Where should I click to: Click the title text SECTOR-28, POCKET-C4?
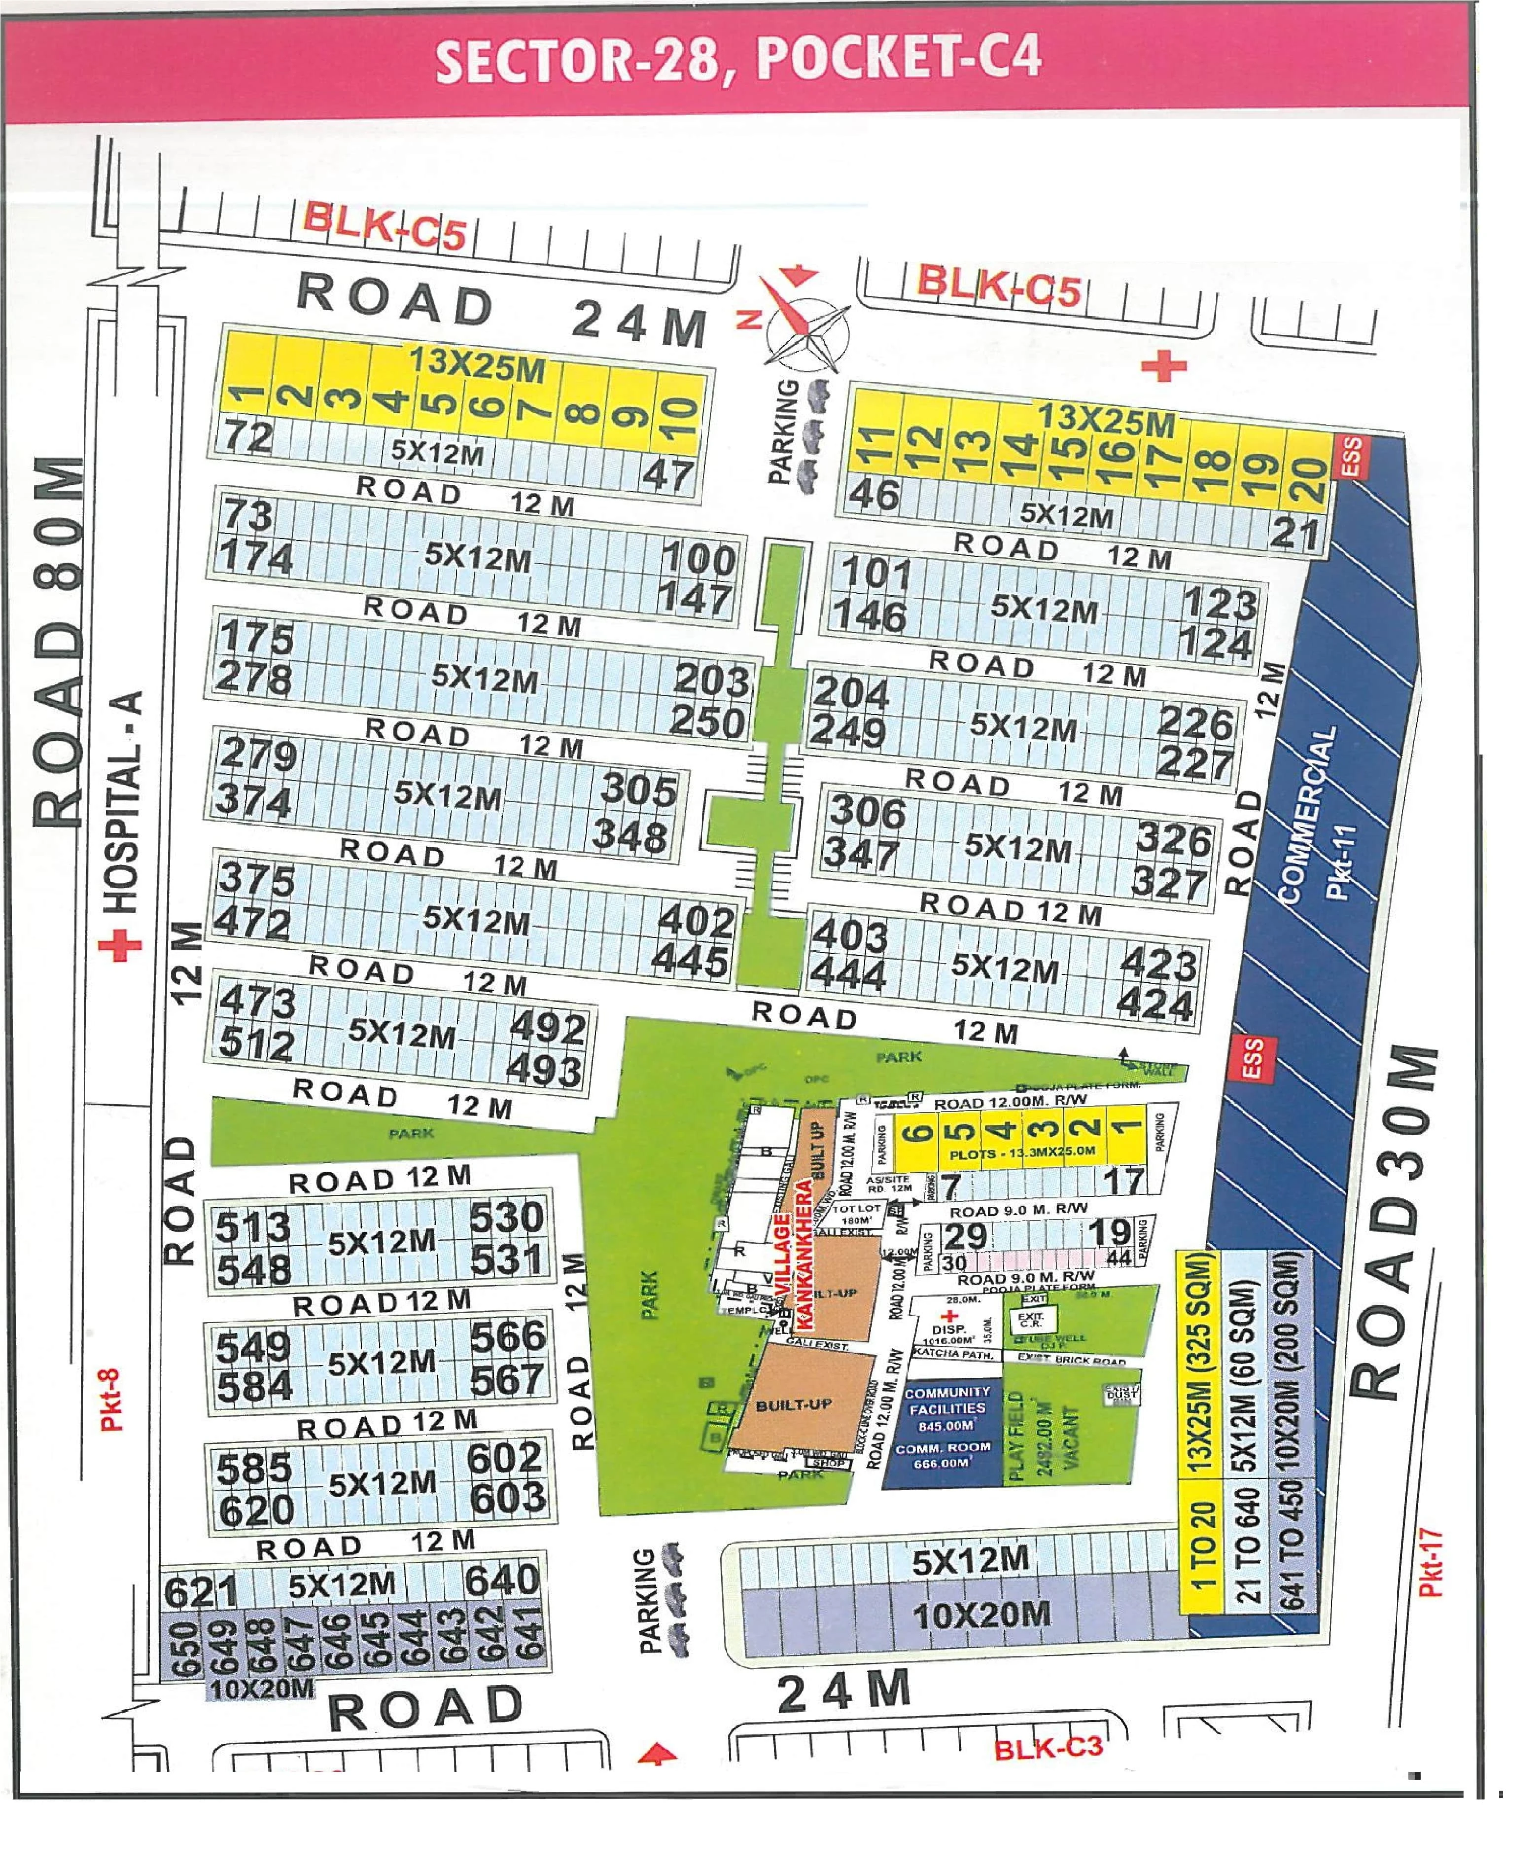point(738,60)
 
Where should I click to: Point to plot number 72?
point(249,437)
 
